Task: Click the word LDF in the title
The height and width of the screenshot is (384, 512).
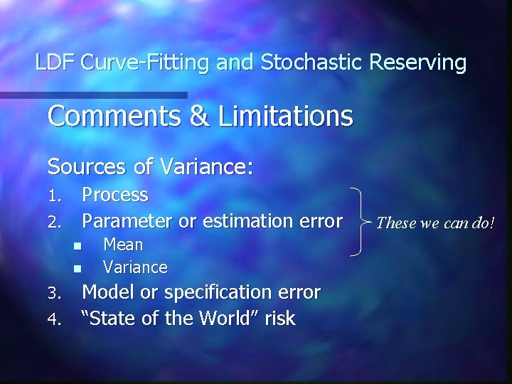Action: coord(55,63)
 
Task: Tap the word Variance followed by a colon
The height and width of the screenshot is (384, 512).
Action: coord(206,167)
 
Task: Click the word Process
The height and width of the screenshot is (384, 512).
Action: coord(115,195)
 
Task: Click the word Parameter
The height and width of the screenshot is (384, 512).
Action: coord(127,221)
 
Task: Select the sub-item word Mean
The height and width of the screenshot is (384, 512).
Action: coord(123,245)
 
